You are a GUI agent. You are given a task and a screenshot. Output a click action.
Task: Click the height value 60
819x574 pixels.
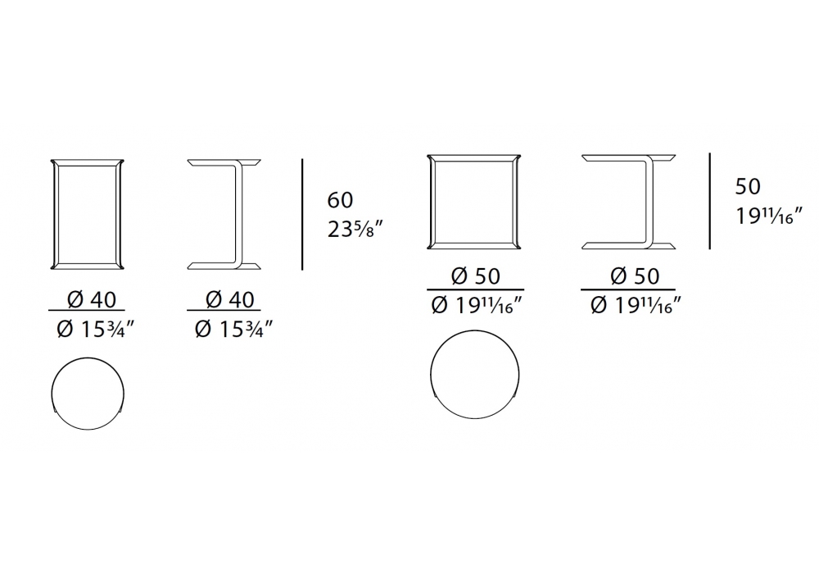[340, 200]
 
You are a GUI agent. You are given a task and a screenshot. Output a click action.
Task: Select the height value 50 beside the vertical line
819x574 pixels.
[748, 187]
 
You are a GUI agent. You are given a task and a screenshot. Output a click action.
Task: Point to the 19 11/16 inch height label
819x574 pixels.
[769, 215]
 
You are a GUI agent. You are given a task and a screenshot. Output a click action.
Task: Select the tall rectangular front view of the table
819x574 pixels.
[53, 214]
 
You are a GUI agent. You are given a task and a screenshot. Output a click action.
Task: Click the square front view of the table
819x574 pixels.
[430, 201]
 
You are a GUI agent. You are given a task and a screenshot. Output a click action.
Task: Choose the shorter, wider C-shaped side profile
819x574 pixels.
[649, 201]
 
